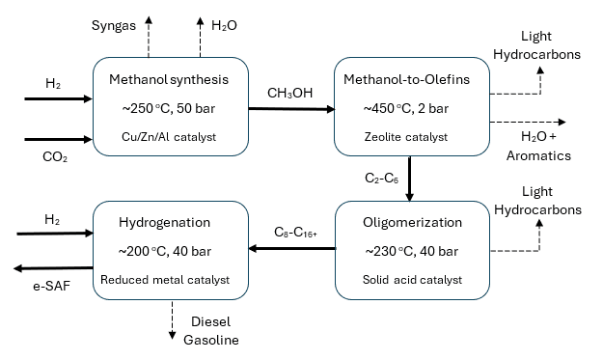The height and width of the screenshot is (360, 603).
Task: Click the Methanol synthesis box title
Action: click(169, 78)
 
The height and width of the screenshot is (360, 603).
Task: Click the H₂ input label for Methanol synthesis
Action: click(52, 84)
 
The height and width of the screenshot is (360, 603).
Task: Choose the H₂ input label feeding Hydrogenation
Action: click(52, 222)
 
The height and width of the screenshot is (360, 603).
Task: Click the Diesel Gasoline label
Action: click(211, 330)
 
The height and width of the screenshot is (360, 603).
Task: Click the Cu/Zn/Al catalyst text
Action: click(169, 137)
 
